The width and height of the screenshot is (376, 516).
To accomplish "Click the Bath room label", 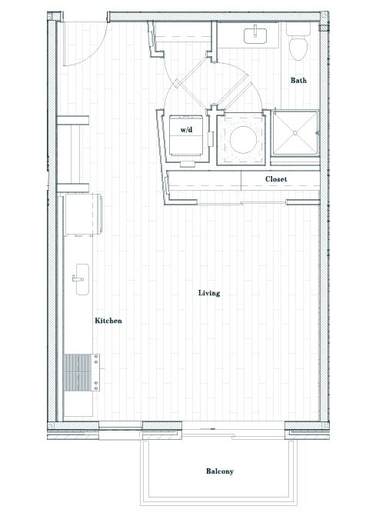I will coord(299,81).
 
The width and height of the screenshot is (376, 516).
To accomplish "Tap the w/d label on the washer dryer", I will coord(186,131).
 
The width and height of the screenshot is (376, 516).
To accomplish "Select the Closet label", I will coord(276,179).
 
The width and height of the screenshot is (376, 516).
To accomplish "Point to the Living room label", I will coord(209,293).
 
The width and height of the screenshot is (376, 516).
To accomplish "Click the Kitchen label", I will coord(108,321).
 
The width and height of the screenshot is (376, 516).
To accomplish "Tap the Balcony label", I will coord(219,471).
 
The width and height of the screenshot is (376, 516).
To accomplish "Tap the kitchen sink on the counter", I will coord(80,276).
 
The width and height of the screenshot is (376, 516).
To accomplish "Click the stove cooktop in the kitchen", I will coord(81,372).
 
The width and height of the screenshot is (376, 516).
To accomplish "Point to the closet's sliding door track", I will coord(242,202).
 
